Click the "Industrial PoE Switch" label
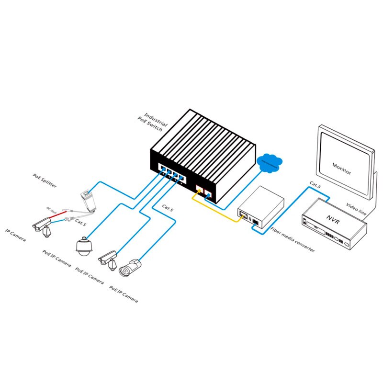154,122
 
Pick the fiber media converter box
261,205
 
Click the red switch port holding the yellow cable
199,188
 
